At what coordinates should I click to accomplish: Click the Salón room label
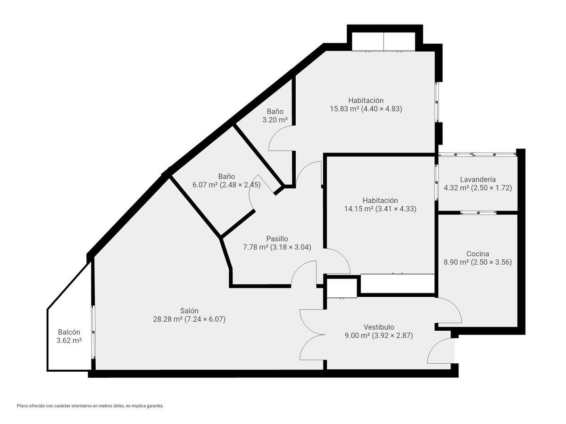[x=189, y=310]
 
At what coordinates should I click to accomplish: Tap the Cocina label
[x=477, y=254]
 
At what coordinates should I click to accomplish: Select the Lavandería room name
[x=477, y=179]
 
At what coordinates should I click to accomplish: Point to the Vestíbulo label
[x=379, y=327]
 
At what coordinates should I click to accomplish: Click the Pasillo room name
[x=277, y=239]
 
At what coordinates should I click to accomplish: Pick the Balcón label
[x=69, y=332]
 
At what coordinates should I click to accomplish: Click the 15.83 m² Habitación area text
[x=366, y=109]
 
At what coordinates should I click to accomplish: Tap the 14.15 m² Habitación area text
[x=380, y=209]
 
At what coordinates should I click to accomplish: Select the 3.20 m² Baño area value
[x=275, y=120]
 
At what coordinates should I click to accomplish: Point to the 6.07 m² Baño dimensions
[x=226, y=185]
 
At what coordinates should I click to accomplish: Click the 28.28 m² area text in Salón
[x=189, y=319]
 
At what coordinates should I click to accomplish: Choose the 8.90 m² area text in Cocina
[x=477, y=262]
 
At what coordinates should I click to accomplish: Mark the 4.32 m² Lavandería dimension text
[x=477, y=188]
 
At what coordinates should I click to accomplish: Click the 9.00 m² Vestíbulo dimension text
[x=379, y=336]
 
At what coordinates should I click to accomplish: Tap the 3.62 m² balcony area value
[x=69, y=341]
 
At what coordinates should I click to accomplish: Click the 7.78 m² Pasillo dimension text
[x=277, y=247]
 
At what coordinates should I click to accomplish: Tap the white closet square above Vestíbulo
[x=341, y=287]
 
